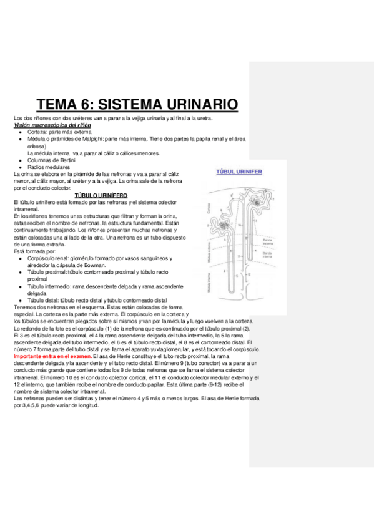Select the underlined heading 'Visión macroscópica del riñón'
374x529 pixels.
pos(52,125)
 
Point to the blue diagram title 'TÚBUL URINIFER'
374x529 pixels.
pos(239,170)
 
